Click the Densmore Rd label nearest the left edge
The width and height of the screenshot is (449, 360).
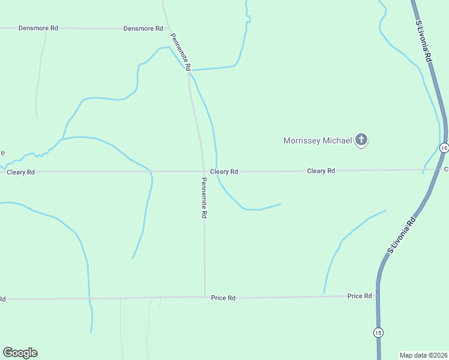(38, 28)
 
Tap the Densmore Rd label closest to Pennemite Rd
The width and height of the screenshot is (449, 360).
(143, 28)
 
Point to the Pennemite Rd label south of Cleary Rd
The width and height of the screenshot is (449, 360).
(204, 197)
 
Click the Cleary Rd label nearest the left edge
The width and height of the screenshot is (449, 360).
(20, 172)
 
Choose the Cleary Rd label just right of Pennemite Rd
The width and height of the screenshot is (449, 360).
(224, 172)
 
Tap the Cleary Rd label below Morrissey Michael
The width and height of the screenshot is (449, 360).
(321, 171)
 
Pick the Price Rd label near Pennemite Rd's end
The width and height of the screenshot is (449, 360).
(223, 298)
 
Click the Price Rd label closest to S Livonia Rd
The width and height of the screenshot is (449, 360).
(360, 296)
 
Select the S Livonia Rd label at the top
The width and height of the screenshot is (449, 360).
(423, 41)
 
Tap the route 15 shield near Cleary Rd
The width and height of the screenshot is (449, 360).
(444, 148)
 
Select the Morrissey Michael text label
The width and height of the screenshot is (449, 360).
(318, 141)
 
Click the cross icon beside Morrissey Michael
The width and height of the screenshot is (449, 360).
(361, 140)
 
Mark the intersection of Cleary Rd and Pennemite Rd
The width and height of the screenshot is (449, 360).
(203, 172)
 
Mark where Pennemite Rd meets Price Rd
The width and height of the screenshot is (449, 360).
(205, 296)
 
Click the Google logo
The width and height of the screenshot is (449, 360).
(20, 353)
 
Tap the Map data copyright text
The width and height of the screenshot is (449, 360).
(423, 355)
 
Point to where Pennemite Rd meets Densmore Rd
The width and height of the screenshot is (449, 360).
(167, 28)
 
